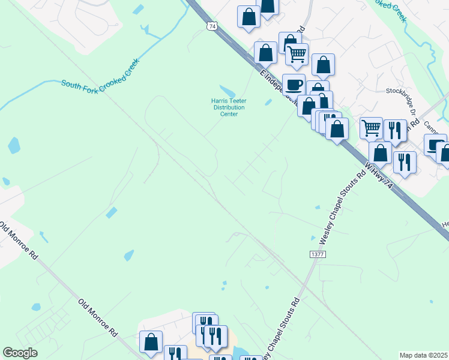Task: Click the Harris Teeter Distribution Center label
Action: [x=225, y=107]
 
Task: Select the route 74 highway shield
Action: [x=211, y=26]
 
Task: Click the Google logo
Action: [x=20, y=353]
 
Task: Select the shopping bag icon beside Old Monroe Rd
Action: [x=151, y=342]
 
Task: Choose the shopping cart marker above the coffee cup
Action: [x=297, y=54]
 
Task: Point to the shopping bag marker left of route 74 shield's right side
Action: [x=249, y=17]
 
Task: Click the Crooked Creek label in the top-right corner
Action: [x=391, y=11]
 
